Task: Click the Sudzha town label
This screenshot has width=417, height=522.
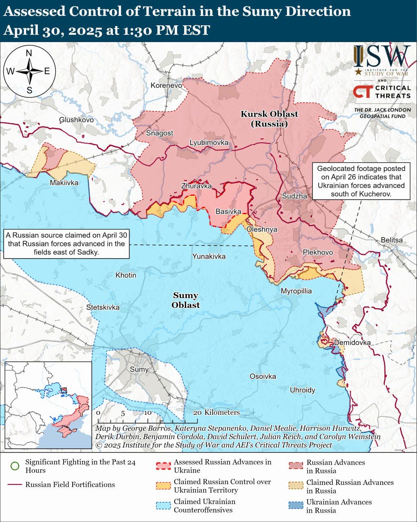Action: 294,196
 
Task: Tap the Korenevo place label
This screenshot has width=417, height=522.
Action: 166,85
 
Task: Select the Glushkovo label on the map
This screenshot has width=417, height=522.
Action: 76,119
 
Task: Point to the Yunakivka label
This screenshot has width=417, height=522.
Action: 209,256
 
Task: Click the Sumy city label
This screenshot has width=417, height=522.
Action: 139,369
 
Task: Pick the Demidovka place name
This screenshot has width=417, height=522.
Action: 352,343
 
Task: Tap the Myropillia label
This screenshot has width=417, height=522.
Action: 296,291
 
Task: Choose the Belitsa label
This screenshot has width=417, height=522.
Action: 391,240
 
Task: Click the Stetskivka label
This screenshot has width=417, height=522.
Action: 103,307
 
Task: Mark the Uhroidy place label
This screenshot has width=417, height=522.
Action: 302,390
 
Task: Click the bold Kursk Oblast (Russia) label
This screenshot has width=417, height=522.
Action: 269,119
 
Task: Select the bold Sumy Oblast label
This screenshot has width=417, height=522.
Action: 186,300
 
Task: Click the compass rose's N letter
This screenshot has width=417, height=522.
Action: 29,53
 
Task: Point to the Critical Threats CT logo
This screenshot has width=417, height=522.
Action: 363,92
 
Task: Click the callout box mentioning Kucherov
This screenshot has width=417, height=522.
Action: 361,181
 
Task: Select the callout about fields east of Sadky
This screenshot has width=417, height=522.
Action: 66,243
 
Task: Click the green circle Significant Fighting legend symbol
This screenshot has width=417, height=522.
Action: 15,466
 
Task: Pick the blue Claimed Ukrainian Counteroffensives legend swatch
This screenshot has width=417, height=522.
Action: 163,506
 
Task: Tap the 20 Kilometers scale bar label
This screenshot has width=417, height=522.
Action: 216,412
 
